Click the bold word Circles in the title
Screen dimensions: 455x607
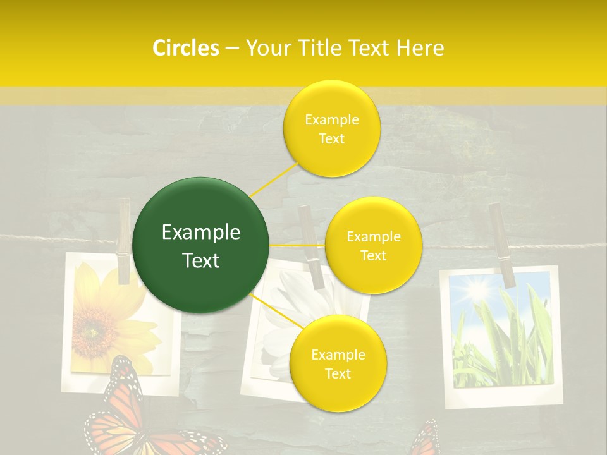[x=185, y=48]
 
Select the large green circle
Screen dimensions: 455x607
[x=201, y=245]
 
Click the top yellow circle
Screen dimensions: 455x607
[x=332, y=128]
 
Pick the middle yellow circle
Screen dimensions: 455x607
[x=373, y=245]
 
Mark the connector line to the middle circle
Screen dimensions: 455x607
[x=297, y=245]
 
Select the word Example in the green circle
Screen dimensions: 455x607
[x=201, y=233]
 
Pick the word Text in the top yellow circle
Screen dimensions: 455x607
[x=332, y=138]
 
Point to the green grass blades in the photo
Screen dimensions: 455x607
[x=506, y=348]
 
